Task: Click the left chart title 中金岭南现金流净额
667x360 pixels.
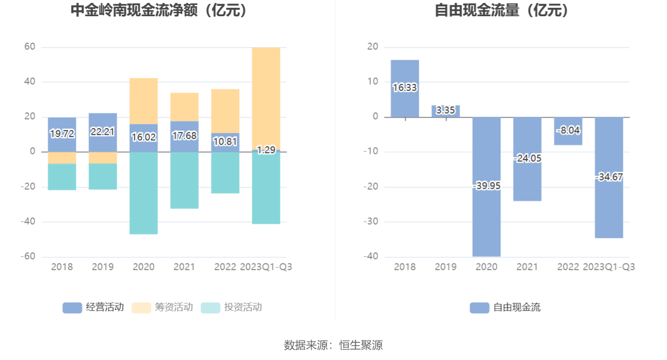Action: click(159, 11)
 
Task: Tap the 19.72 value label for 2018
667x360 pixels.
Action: click(62, 133)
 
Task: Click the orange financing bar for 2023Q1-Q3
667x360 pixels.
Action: click(266, 98)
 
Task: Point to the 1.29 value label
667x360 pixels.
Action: click(266, 150)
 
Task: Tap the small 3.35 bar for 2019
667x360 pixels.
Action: click(445, 111)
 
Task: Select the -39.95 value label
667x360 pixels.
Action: click(487, 186)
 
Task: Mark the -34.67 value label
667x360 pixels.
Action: click(609, 177)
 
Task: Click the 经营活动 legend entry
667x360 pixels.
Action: click(93, 308)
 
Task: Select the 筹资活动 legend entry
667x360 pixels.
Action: click(163, 308)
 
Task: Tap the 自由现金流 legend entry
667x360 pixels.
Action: click(506, 308)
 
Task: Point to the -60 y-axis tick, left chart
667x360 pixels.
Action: click(28, 257)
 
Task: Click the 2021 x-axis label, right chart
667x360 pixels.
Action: click(527, 267)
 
